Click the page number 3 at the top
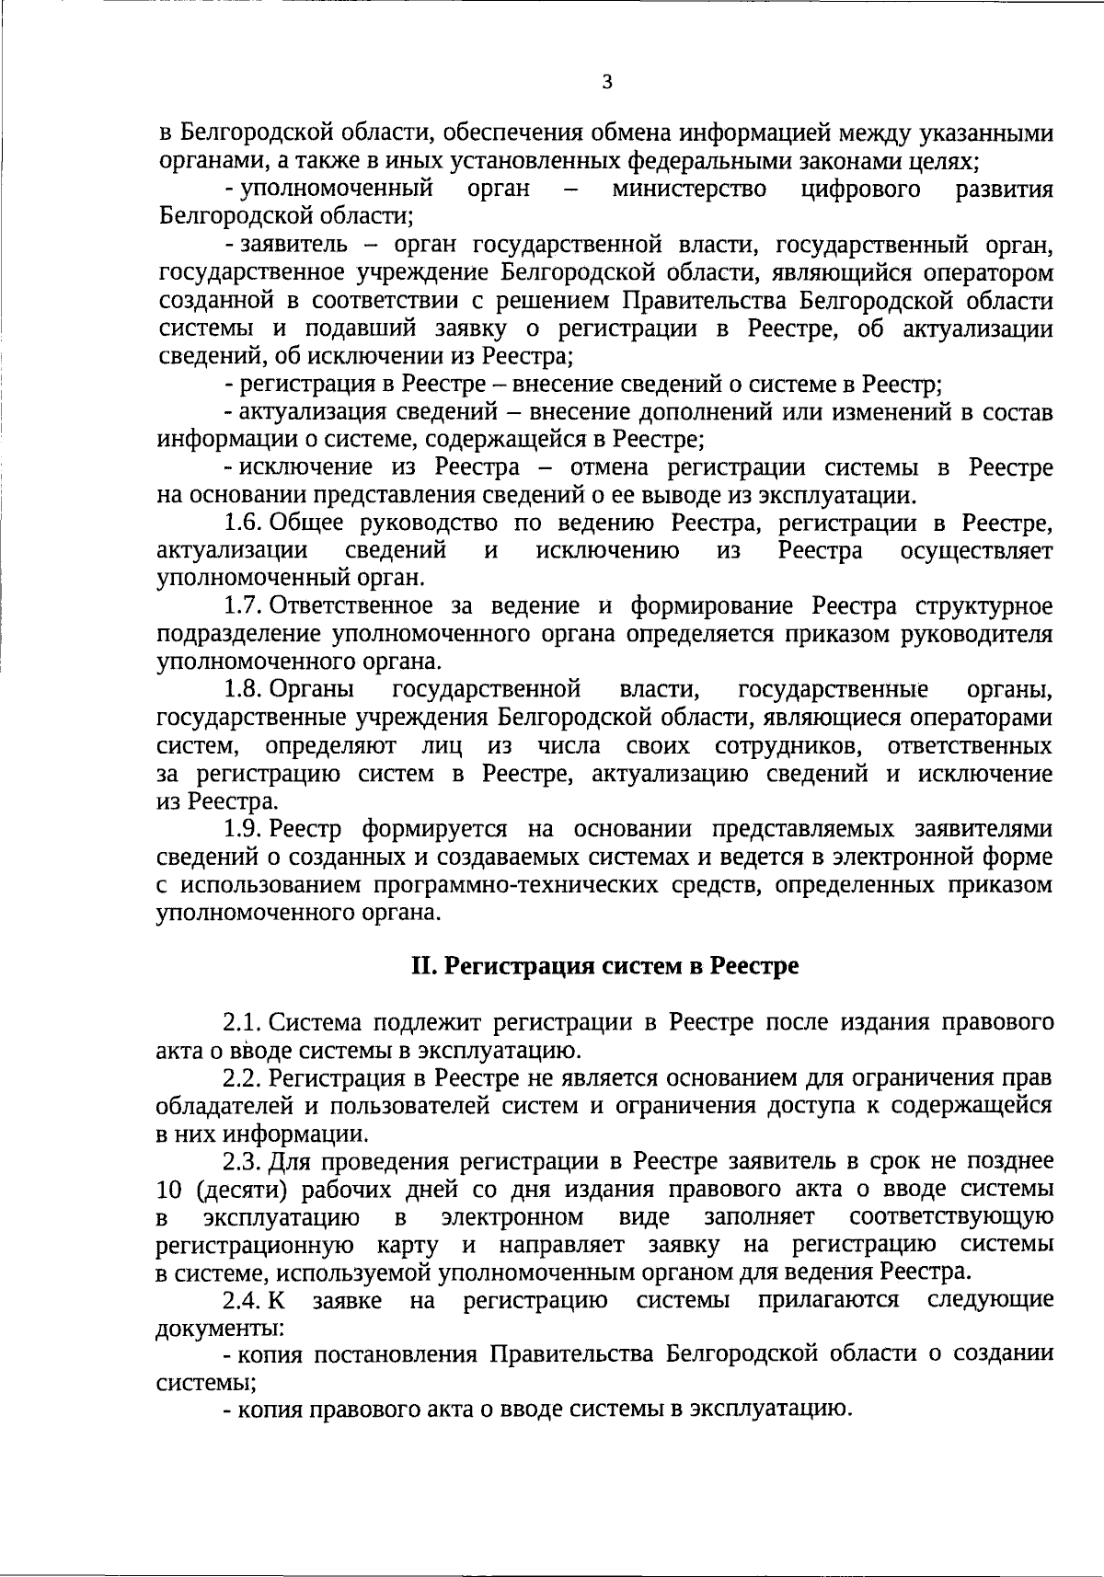(x=606, y=82)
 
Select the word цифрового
(x=861, y=190)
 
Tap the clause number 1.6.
(x=245, y=524)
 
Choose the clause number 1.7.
(x=245, y=606)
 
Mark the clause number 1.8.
(x=245, y=689)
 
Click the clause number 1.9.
(x=245, y=828)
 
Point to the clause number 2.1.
(x=243, y=1022)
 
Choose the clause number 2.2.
(x=243, y=1077)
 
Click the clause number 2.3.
(x=243, y=1161)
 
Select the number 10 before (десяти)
(x=171, y=1189)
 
